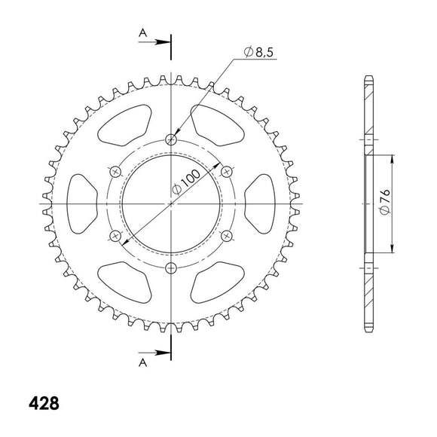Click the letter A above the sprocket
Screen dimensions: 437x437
[x=142, y=32]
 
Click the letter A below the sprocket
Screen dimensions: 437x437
[x=142, y=362]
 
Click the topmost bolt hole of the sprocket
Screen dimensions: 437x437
[x=172, y=139]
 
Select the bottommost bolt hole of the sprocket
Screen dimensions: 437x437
[x=172, y=268]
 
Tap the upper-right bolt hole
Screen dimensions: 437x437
[x=228, y=172]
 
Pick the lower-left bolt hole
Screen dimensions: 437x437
[x=116, y=237]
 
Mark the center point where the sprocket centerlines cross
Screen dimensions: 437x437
[x=172, y=204]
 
